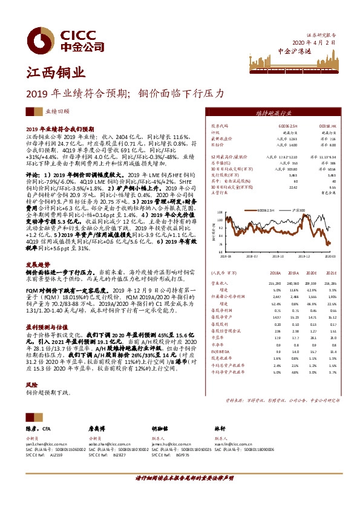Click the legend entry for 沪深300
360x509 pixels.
(x=298, y=210)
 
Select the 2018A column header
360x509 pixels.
(x=273, y=273)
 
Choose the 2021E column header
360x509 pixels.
(x=330, y=273)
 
